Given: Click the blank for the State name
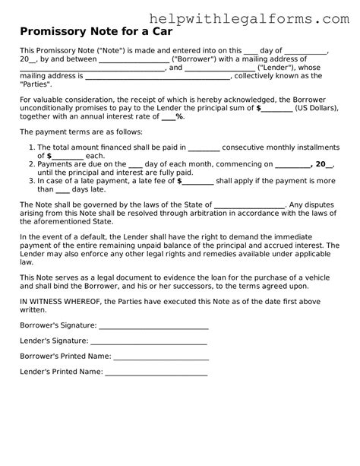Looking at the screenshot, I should click(x=261, y=204).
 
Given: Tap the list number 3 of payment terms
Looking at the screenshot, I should click(x=30, y=181).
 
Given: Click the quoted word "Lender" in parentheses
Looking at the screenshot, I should click(x=261, y=68).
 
